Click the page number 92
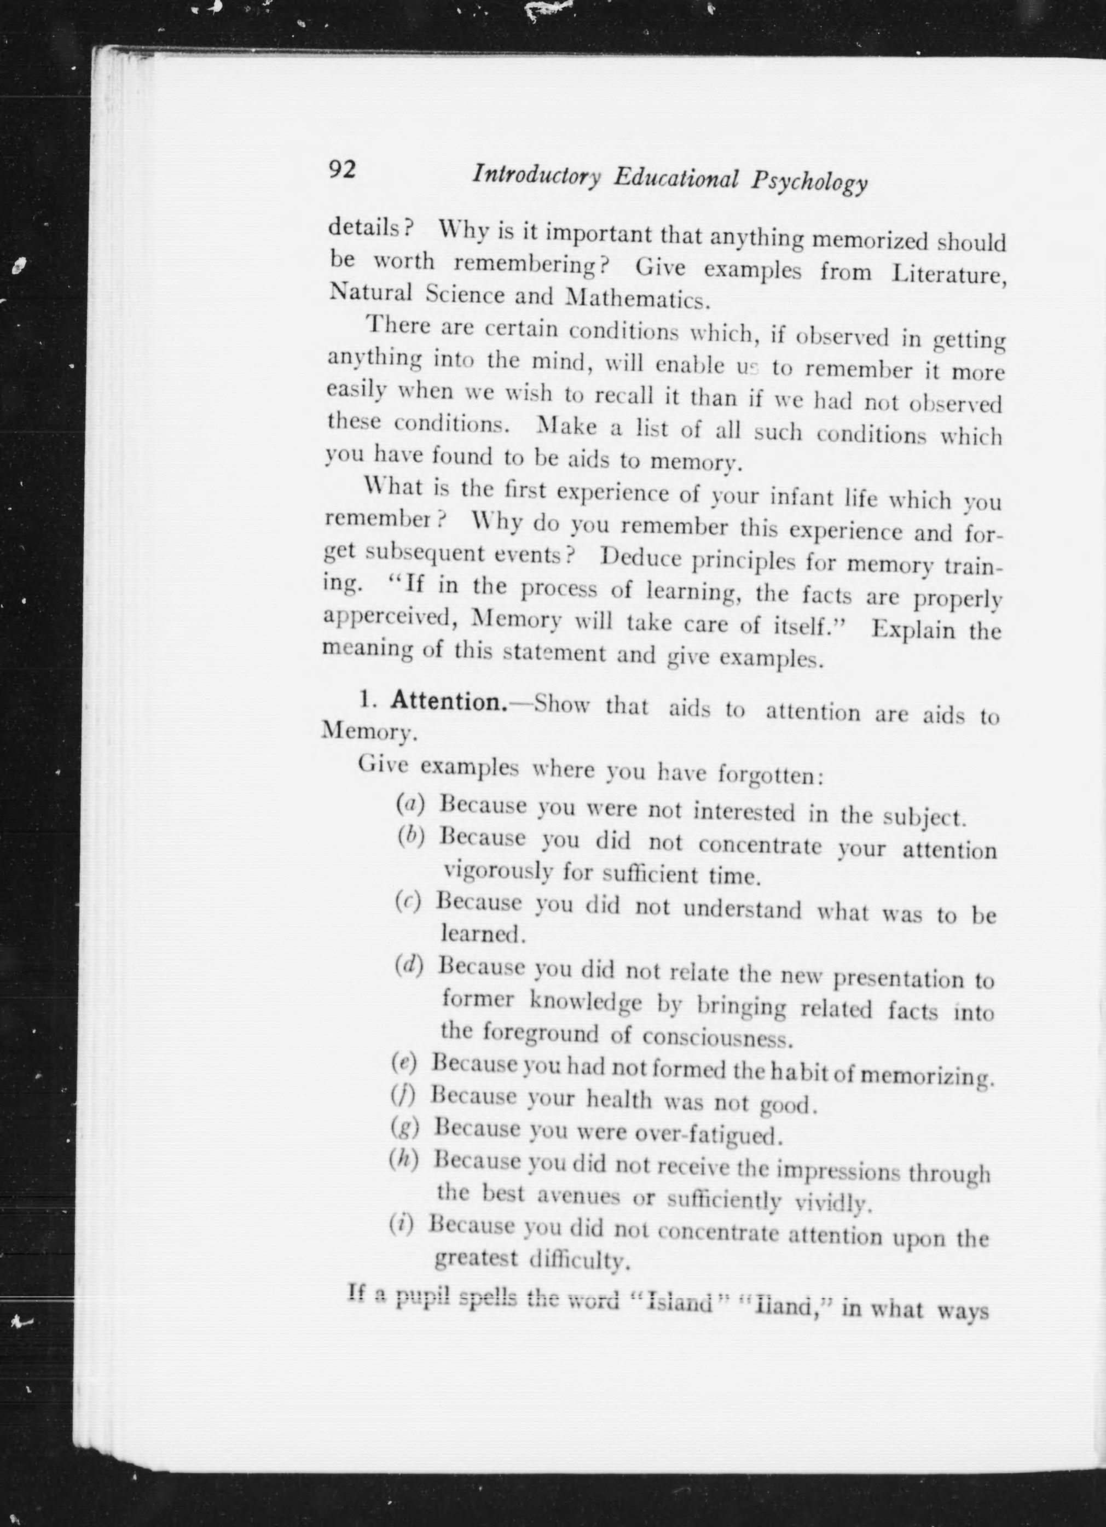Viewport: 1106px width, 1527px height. click(x=342, y=170)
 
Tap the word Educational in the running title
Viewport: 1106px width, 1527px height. click(x=676, y=179)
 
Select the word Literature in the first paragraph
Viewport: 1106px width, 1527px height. click(x=948, y=275)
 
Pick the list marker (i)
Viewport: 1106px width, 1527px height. click(x=402, y=1221)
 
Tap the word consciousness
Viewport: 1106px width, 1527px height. click(x=716, y=1038)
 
